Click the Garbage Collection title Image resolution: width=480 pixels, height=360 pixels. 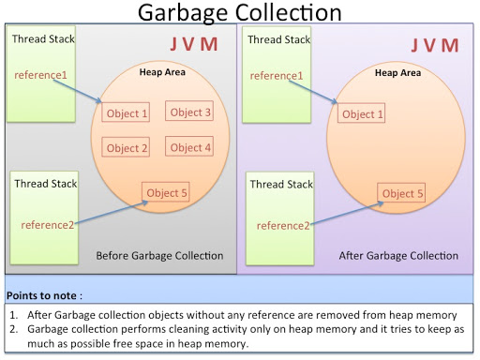[x=240, y=13]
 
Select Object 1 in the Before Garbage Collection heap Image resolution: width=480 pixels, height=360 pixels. [x=127, y=114]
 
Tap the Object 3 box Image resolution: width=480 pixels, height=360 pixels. [x=190, y=112]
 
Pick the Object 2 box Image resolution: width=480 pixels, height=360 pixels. [x=127, y=148]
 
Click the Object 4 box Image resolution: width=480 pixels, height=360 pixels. [x=190, y=147]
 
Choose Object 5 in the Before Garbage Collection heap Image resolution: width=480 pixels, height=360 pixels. [x=167, y=194]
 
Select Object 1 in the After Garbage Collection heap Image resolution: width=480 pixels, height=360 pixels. [x=364, y=114]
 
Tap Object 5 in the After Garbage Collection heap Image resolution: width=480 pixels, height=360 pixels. [x=403, y=194]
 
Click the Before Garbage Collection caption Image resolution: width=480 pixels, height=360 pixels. [x=159, y=256]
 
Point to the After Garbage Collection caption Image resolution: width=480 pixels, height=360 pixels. [x=398, y=256]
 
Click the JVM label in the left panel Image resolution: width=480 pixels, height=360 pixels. [x=195, y=46]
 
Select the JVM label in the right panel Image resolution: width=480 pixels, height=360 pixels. [x=436, y=46]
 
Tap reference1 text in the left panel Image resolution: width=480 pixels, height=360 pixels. [x=38, y=74]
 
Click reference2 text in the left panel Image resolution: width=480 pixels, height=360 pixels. [x=44, y=225]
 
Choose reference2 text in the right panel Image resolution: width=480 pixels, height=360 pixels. [x=282, y=225]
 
